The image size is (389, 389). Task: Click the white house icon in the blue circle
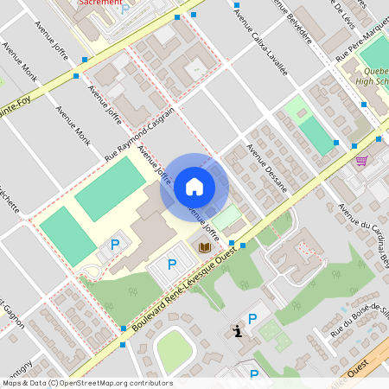click(x=194, y=186)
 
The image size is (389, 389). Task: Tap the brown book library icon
click(x=205, y=248)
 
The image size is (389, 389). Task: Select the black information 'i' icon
click(x=237, y=331)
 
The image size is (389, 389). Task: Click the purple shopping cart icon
click(x=361, y=160)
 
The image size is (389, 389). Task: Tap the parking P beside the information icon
click(x=252, y=319)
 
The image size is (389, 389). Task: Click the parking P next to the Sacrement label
click(x=125, y=9)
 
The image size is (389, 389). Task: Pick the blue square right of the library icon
click(x=243, y=246)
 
